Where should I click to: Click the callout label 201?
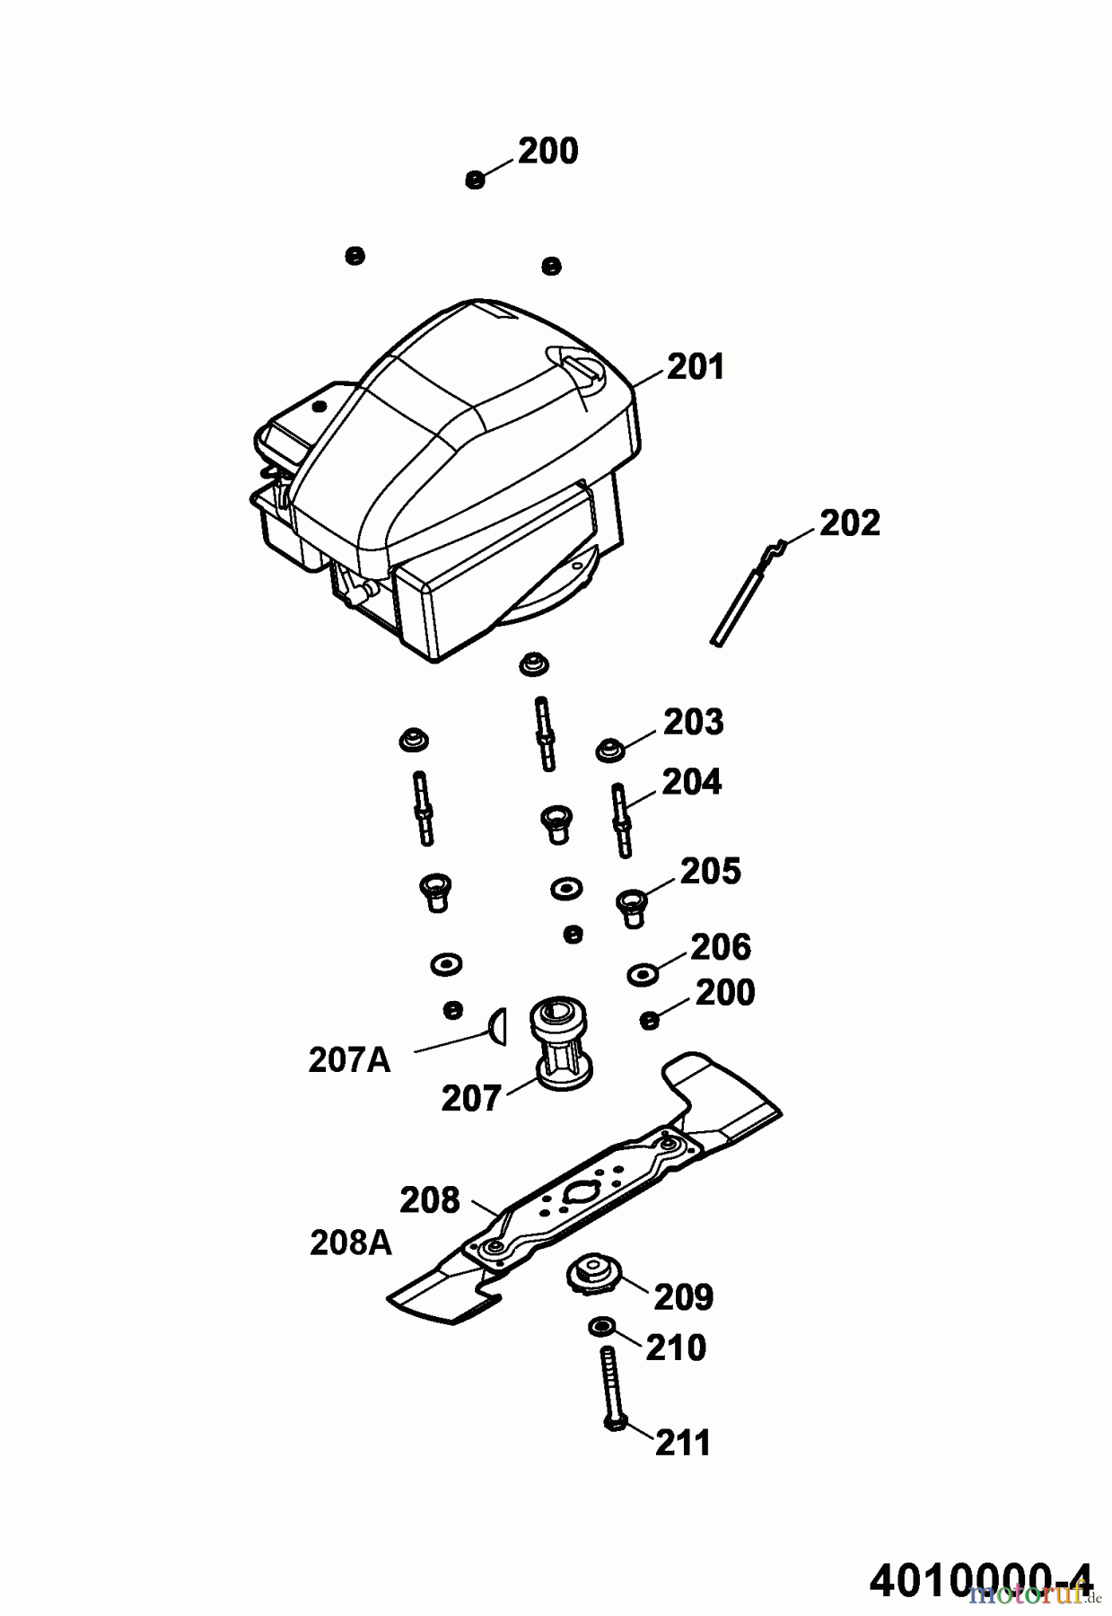tap(695, 367)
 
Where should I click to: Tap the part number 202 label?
tap(850, 523)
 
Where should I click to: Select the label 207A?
tap(349, 1060)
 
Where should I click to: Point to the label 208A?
tap(351, 1243)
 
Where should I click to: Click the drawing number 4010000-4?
tap(981, 1579)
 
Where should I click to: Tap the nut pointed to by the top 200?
tap(475, 180)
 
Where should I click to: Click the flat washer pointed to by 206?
tap(641, 974)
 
